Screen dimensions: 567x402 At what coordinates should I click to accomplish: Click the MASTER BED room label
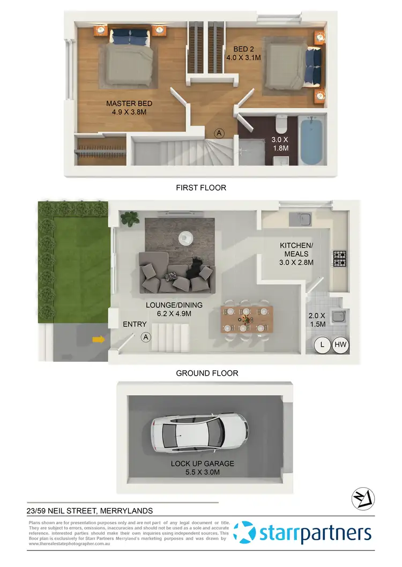click(129, 108)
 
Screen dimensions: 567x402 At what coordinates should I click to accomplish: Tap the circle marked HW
click(341, 345)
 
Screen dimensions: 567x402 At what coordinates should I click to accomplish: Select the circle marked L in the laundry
click(322, 345)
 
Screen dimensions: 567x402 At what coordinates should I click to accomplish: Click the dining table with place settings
click(246, 319)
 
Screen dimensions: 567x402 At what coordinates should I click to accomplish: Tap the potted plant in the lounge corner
click(130, 218)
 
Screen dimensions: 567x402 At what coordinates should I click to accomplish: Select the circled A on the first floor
click(219, 132)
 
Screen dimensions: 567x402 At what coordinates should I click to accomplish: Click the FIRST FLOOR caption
click(201, 188)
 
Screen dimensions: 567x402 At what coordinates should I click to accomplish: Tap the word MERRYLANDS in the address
click(129, 511)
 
